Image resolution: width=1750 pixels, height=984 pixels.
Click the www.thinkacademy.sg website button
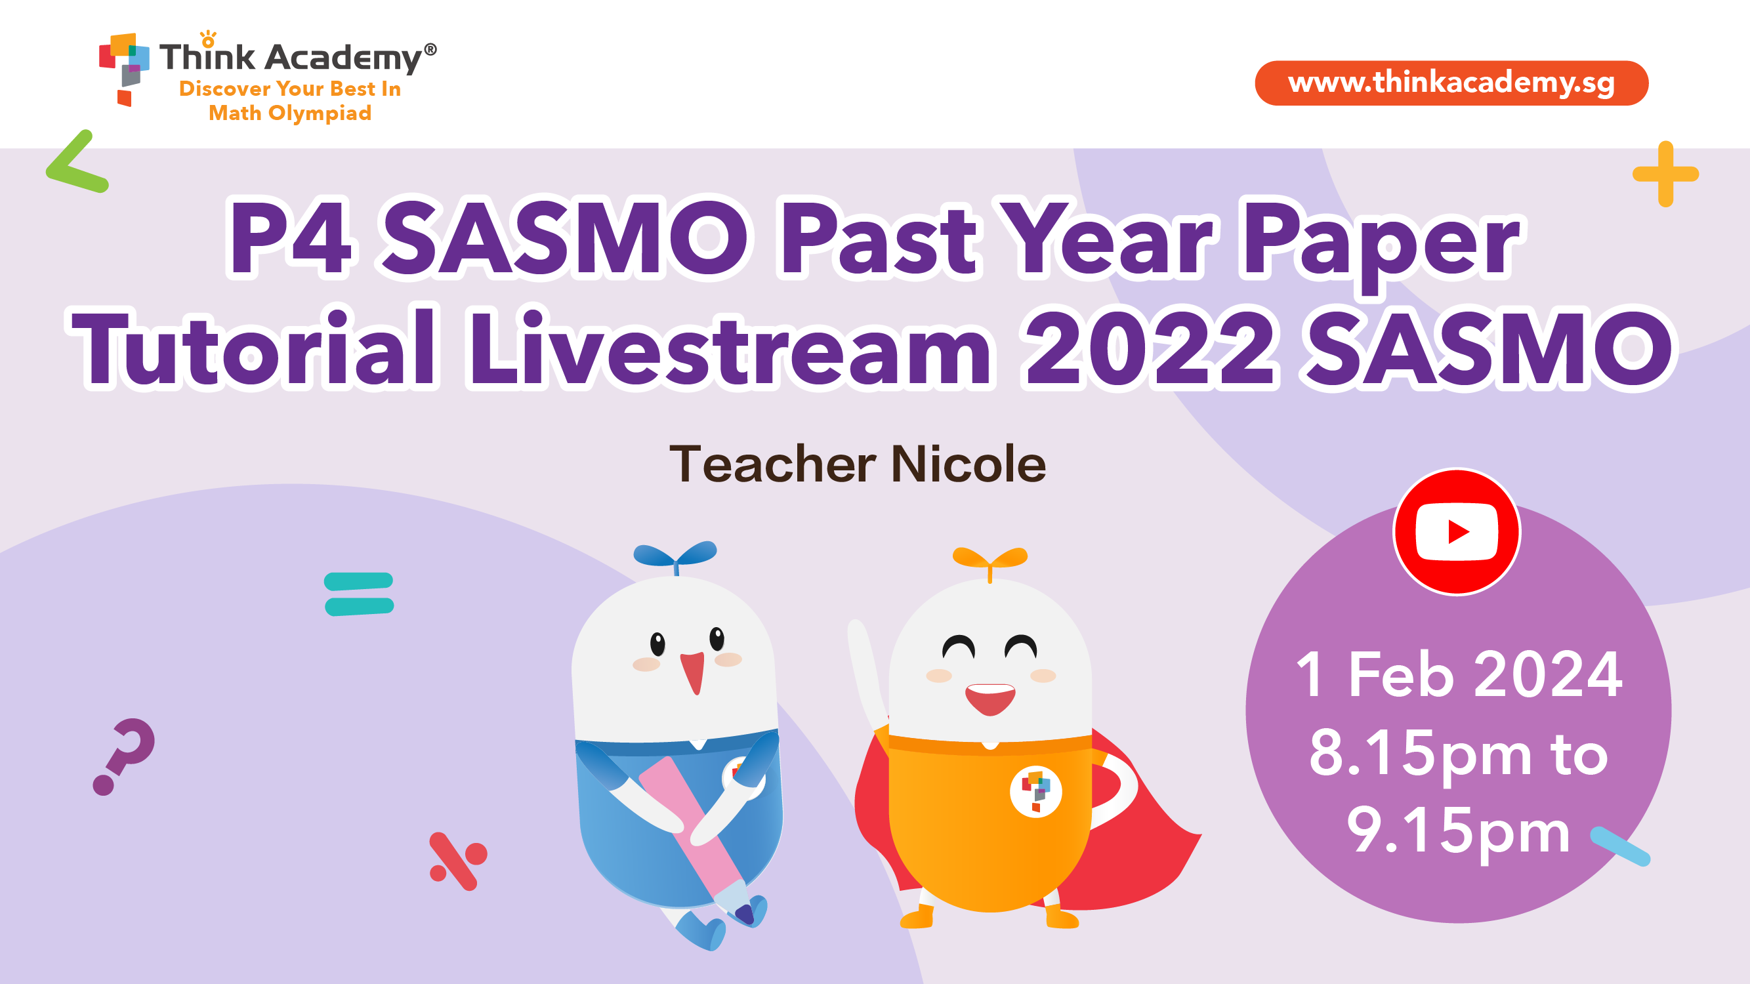1451,83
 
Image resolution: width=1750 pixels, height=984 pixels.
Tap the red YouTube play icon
1457,532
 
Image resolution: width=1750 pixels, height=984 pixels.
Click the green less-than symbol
77,161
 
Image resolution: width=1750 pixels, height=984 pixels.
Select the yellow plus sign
1666,174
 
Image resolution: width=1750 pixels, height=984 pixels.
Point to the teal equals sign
359,594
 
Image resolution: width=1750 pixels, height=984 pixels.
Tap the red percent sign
458,861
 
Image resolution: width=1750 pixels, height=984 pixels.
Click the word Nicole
968,464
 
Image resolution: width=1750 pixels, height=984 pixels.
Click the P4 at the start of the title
291,237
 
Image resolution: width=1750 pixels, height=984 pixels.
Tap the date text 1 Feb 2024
1459,674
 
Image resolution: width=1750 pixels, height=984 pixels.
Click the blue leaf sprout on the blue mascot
675,556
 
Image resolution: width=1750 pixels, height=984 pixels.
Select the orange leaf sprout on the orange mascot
990,561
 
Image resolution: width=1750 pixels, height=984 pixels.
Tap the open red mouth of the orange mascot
991,699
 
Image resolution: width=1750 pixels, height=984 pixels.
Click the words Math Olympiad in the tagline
290,113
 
